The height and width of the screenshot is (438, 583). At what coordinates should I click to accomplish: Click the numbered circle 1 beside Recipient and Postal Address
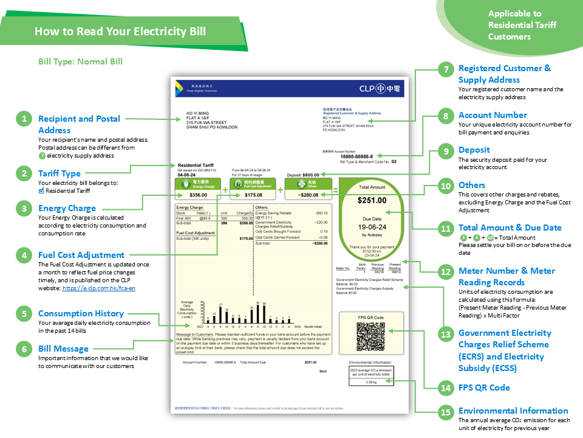point(24,119)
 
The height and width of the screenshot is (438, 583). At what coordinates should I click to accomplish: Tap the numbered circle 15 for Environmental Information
point(446,412)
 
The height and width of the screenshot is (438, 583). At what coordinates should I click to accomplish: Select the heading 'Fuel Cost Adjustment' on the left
point(81,255)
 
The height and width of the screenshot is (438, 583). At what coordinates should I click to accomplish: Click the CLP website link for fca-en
point(99,288)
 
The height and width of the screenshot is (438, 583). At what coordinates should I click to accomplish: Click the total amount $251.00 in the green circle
point(372,200)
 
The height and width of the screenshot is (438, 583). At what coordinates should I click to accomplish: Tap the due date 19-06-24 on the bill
point(372,225)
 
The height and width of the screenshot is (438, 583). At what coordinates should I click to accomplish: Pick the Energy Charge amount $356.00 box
point(198,195)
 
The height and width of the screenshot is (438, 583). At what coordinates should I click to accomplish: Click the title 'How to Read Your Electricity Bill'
point(120,32)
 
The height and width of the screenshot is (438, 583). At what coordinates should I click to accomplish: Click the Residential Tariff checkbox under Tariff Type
point(41,190)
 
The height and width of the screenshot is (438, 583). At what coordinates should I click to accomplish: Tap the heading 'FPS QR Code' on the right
point(484,388)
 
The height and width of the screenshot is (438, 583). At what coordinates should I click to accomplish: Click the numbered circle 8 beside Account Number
point(446,116)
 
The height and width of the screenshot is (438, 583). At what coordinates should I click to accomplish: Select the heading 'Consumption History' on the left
point(81,313)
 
